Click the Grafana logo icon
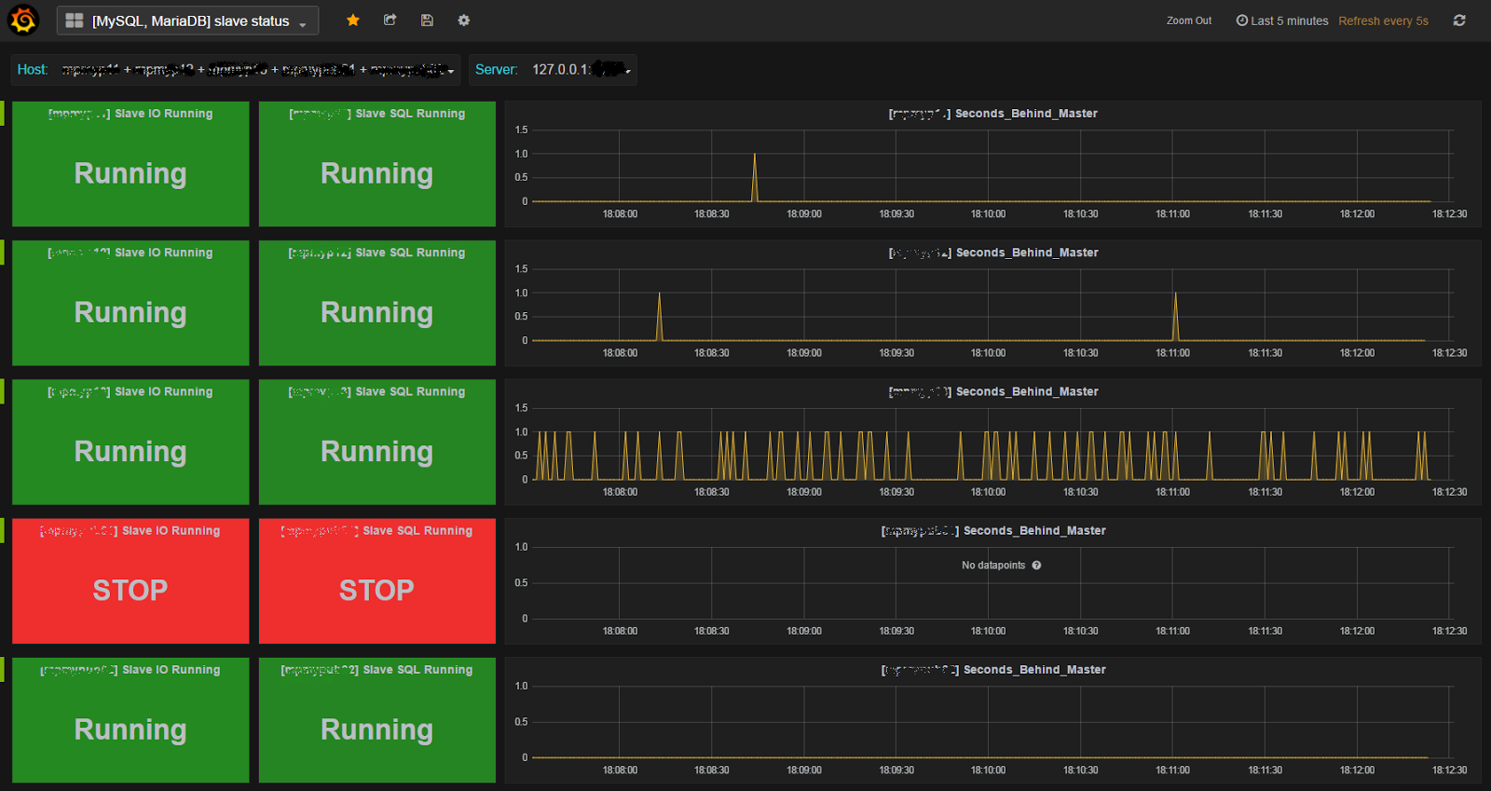22,20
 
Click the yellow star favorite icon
353,20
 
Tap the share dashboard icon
390,20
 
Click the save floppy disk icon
427,20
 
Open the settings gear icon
463,20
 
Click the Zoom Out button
1189,20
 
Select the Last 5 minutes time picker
1282,20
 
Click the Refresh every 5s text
1383,20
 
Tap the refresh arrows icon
1459,20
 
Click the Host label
32,70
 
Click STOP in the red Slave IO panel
130,590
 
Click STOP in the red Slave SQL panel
376,590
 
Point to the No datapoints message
993,566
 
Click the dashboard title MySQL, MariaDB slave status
190,20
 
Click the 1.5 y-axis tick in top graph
521,130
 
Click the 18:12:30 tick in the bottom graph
1449,771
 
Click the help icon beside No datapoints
1036,566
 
